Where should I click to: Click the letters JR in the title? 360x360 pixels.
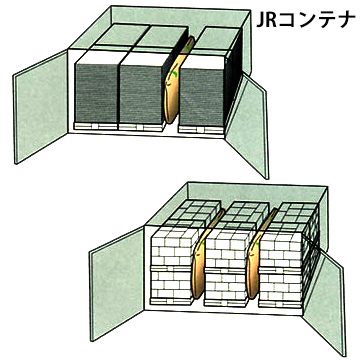coord(267,20)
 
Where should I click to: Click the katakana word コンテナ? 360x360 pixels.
coord(317,20)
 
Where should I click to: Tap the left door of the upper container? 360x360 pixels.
coord(41,106)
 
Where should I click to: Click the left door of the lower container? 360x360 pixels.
coord(117,283)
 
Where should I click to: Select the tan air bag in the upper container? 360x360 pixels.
coord(176,82)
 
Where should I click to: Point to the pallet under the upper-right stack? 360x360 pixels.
coord(201,129)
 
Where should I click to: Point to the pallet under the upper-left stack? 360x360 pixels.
coord(96,127)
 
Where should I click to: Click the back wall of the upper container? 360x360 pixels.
coord(180,16)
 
